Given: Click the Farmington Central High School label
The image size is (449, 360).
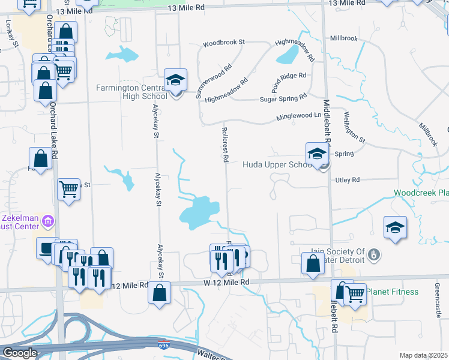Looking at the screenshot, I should (x=131, y=92).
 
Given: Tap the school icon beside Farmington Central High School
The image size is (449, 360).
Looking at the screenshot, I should (x=175, y=80).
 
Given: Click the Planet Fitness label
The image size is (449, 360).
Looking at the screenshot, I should (x=394, y=292).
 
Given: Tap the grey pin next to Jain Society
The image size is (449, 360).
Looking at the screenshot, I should (x=374, y=255).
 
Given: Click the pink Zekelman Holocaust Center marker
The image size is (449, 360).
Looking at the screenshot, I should (x=48, y=223).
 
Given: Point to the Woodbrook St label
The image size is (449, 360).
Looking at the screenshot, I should (x=224, y=43).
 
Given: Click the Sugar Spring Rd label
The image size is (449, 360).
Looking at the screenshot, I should (x=283, y=98).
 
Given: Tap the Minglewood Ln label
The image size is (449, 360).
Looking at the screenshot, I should (x=299, y=116).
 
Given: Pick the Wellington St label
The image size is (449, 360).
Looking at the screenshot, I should (x=354, y=127).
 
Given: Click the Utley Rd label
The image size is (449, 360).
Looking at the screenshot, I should (x=347, y=179).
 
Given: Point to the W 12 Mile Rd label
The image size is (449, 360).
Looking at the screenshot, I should (x=226, y=282).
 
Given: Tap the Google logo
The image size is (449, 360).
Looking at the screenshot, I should (x=20, y=353).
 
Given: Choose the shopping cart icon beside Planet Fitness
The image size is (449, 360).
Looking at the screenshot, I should (x=355, y=294).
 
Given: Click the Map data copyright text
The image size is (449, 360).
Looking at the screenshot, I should (x=423, y=355).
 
